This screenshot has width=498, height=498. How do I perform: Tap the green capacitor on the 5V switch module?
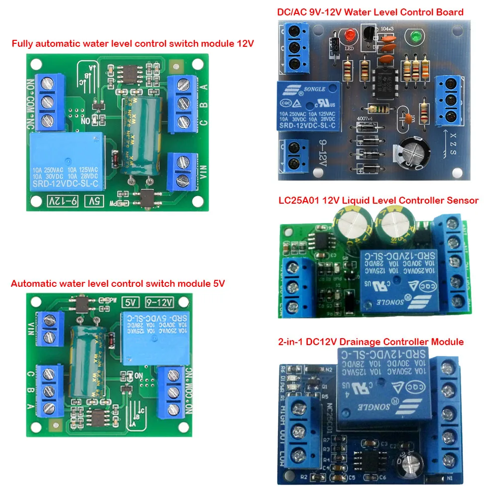click(x=86, y=358)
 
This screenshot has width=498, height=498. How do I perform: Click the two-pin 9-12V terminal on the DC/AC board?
click(x=295, y=155)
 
